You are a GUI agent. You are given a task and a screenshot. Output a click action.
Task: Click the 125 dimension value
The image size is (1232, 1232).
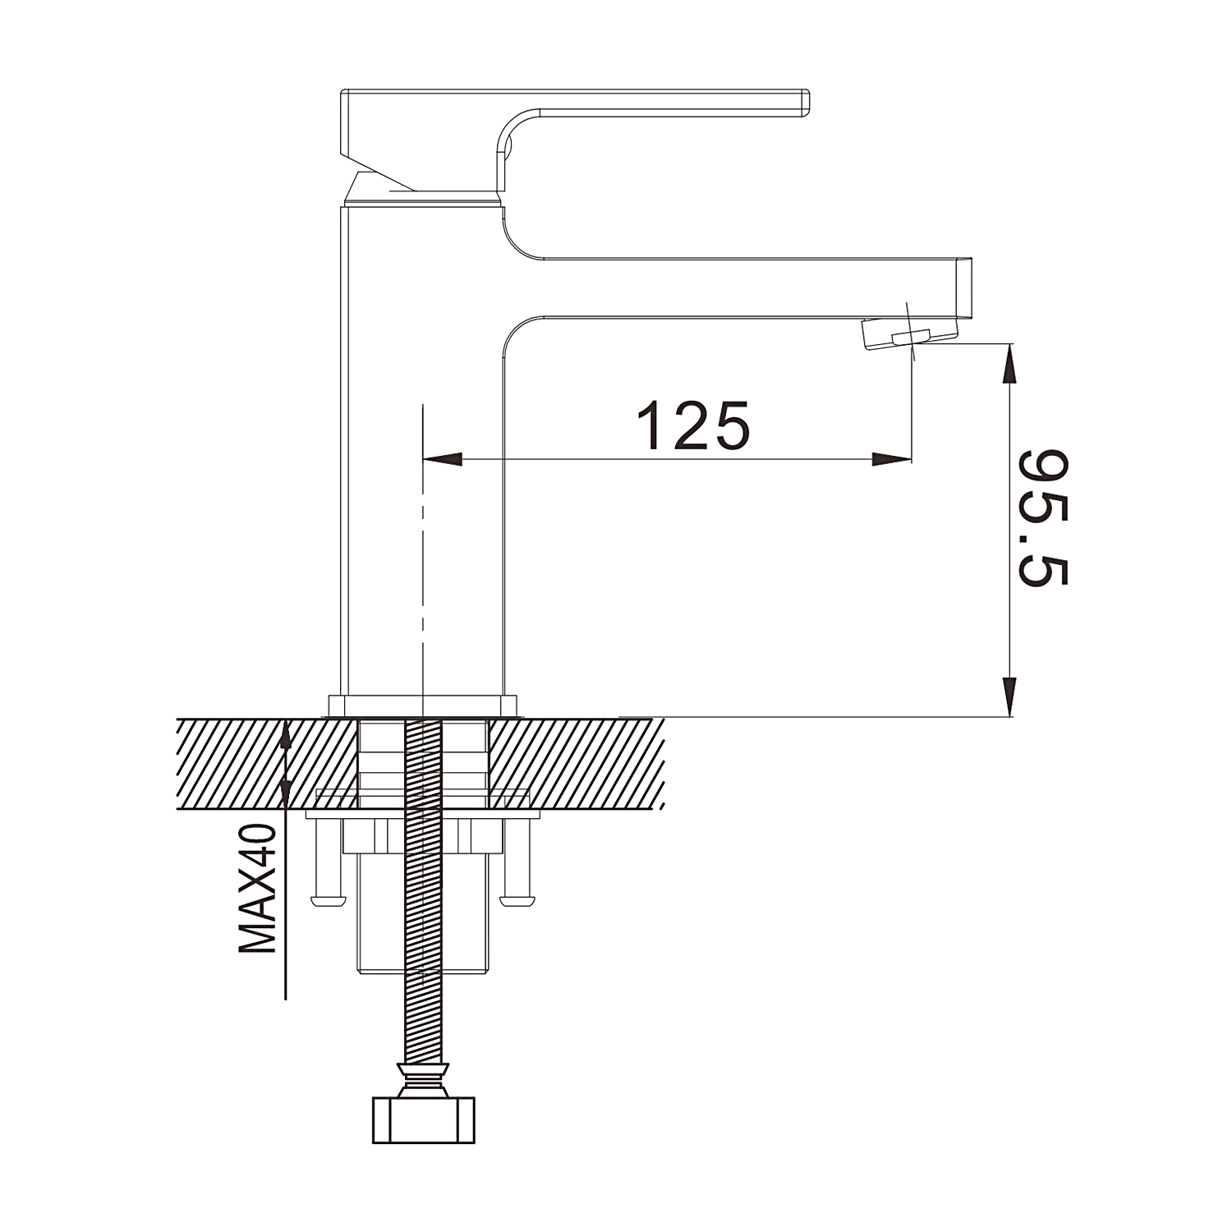coord(694,425)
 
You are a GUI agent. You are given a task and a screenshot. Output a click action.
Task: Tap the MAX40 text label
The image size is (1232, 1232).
coord(257,890)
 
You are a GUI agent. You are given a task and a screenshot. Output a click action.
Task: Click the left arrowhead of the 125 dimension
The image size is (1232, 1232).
coord(440,459)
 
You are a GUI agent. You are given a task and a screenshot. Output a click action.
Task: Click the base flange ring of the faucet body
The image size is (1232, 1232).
coord(424,706)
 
